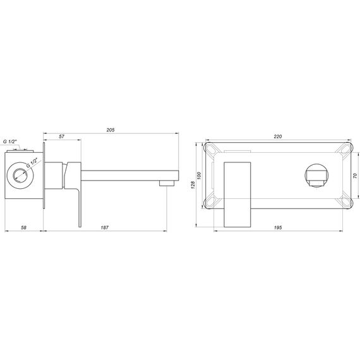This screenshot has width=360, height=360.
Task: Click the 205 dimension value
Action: coord(111,129)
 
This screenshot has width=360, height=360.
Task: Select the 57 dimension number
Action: coord(61,136)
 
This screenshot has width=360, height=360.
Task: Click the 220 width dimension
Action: coord(278,136)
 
